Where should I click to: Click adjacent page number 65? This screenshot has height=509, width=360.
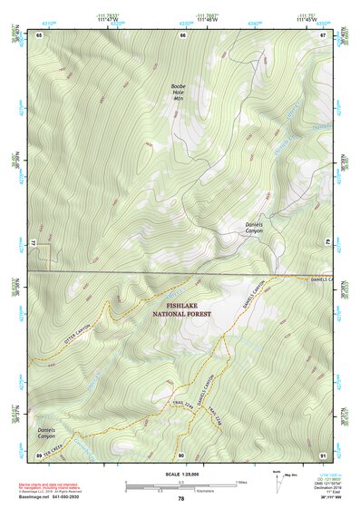tap(39, 34)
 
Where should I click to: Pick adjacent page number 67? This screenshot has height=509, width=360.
tap(324, 34)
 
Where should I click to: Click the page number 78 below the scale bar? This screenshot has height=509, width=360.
tap(181, 498)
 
